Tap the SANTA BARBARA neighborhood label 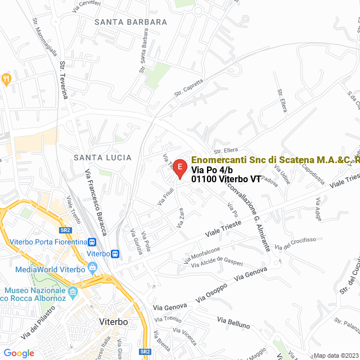click(131, 22)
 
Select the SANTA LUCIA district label click(102, 157)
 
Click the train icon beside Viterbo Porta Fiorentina click(93, 242)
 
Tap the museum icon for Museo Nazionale click(73, 292)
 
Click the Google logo click(19, 353)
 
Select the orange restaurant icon click(7, 78)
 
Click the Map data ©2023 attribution click(335, 355)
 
